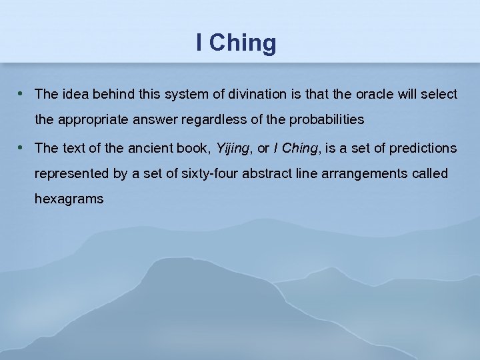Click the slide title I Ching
click(236, 43)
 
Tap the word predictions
click(423, 147)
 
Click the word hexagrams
click(69, 199)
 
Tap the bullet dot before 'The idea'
click(22, 93)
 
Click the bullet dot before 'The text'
click(22, 147)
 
